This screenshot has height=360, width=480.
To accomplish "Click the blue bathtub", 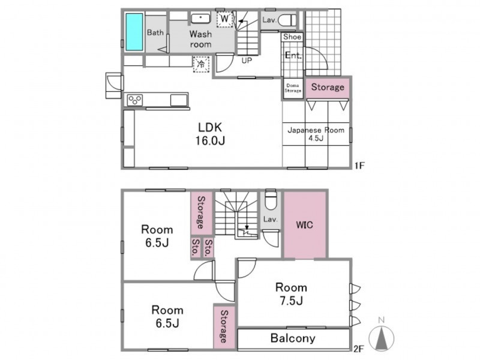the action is pyautogui.click(x=134, y=32).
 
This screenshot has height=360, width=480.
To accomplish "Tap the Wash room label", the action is pyautogui.click(x=200, y=39).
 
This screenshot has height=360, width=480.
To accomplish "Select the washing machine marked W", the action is pyautogui.click(x=224, y=19).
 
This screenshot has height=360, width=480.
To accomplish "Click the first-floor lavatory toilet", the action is pyautogui.click(x=287, y=20).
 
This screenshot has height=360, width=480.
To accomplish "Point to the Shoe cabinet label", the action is pyautogui.click(x=292, y=37).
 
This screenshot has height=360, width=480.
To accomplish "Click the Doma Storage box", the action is pyautogui.click(x=293, y=88).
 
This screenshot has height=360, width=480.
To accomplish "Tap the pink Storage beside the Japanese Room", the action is pyautogui.click(x=328, y=87).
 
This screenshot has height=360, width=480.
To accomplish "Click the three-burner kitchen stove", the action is pyautogui.click(x=135, y=100).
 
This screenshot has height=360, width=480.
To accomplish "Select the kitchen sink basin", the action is pyautogui.click(x=179, y=100).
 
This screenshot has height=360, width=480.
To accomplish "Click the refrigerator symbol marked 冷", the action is pyautogui.click(x=201, y=64).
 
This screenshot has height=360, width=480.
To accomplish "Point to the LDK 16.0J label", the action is pyautogui.click(x=210, y=134).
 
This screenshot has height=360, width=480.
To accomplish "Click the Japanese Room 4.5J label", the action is pyautogui.click(x=316, y=134).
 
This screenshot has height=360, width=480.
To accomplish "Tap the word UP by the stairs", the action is pyautogui.click(x=247, y=61).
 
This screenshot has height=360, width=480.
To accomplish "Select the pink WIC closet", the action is pyautogui.click(x=305, y=224).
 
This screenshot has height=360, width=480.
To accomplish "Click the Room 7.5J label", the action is pyautogui.click(x=291, y=294).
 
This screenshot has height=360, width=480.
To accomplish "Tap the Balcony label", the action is pyautogui.click(x=293, y=338).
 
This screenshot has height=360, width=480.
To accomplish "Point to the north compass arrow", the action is pyautogui.click(x=382, y=338).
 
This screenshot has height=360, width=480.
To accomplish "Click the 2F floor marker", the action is pyautogui.click(x=358, y=349).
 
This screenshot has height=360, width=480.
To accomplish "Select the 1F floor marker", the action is pyautogui.click(x=360, y=166).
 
